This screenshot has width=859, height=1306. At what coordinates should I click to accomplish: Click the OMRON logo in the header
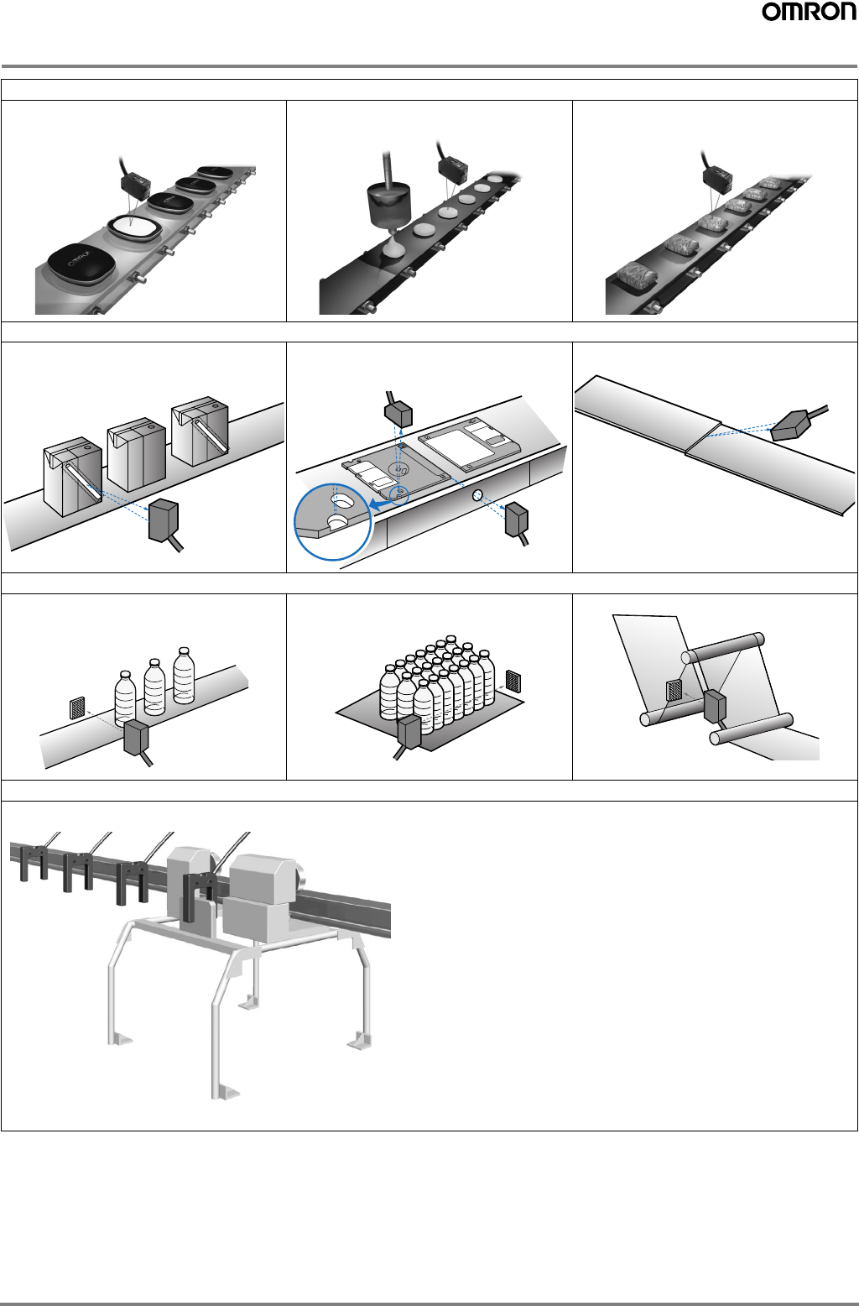click(810, 13)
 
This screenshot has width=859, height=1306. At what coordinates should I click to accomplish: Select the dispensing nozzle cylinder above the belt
click(389, 205)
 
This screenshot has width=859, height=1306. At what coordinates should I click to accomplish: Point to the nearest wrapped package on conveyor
click(633, 276)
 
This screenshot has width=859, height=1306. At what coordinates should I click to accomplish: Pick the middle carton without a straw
click(137, 454)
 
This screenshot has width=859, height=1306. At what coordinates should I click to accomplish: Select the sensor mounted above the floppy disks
click(398, 413)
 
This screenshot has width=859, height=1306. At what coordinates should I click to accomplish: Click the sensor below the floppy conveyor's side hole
click(517, 522)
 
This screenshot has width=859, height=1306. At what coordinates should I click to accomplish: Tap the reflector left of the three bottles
click(77, 708)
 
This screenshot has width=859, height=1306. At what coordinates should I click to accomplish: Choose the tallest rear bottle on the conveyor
click(185, 675)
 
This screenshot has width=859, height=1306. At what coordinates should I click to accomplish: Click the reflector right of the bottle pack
click(513, 682)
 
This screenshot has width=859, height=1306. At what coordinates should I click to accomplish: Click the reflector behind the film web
click(674, 690)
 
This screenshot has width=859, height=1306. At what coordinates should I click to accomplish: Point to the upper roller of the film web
click(722, 648)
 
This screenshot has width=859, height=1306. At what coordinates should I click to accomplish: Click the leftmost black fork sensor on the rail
click(34, 862)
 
